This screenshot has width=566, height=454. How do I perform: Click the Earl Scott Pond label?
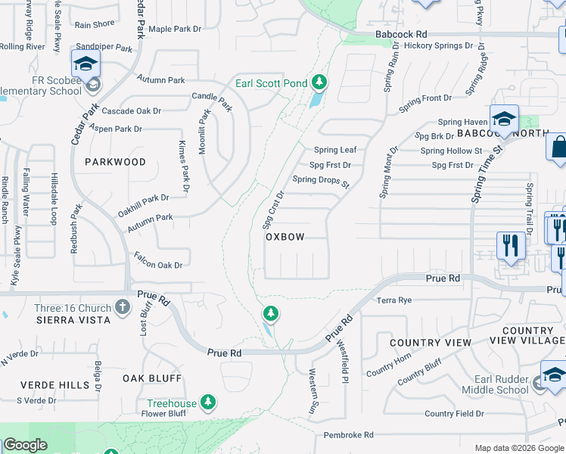tap(271, 82)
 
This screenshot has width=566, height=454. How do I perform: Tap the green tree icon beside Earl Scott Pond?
tap(319, 81)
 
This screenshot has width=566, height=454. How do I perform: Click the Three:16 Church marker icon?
tap(123, 307)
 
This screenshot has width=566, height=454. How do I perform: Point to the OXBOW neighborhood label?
tap(285, 237)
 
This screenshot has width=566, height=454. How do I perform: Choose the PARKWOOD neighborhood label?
tap(115, 162)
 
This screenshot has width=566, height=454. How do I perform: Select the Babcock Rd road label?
tap(402, 34)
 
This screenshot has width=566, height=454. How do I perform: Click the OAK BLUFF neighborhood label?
tap(152, 378)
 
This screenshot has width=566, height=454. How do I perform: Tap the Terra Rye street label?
tap(394, 300)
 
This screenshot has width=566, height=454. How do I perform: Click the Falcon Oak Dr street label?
tap(157, 265)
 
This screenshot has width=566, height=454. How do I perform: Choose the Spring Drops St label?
tap(321, 181)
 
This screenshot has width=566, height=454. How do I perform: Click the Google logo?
tap(25, 446)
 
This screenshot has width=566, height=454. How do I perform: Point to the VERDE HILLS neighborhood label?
tap(45, 385)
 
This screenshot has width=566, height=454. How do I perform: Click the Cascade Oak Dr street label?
tap(132, 111)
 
